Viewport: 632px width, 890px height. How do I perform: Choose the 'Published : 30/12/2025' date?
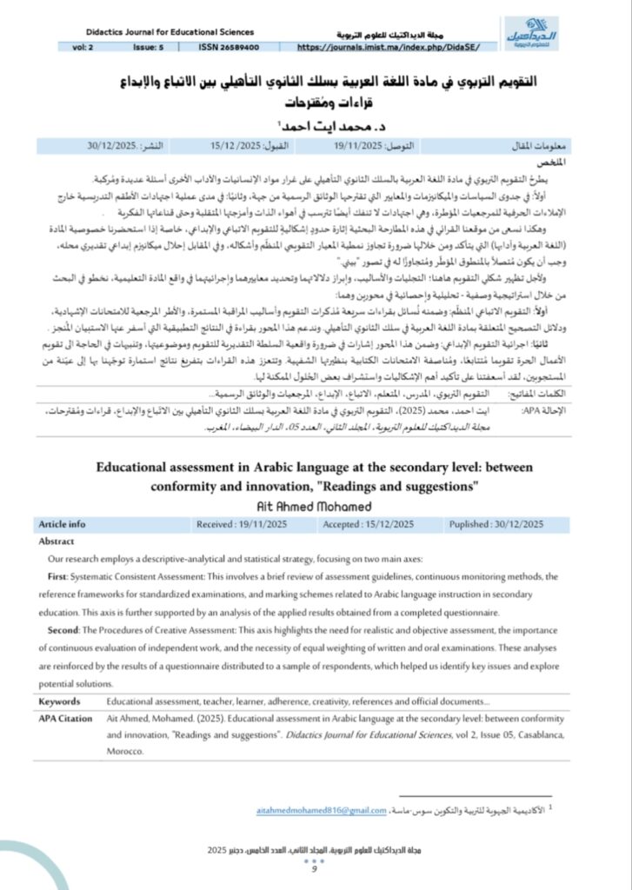click(x=496, y=524)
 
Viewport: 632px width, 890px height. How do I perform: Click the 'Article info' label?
click(x=63, y=524)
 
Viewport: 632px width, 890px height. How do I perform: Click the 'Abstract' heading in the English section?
click(x=57, y=541)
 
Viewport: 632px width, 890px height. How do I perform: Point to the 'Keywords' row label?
click(x=59, y=701)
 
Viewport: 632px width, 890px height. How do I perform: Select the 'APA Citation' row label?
click(x=65, y=719)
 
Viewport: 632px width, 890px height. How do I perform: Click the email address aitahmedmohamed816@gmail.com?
click(x=322, y=810)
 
